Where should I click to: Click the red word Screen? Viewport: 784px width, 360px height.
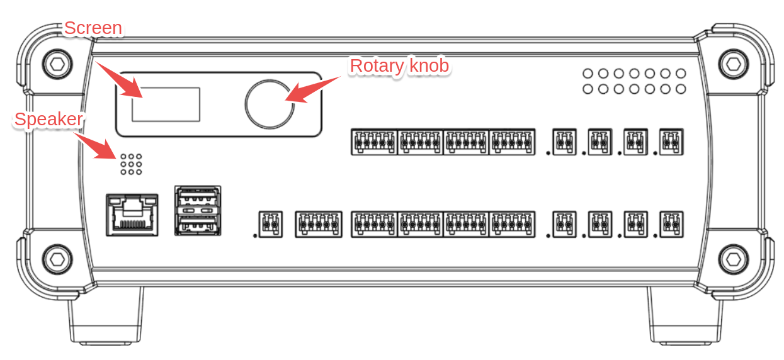point(93,28)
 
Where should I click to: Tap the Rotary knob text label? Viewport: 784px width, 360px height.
point(399,65)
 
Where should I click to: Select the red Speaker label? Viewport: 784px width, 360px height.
point(48,119)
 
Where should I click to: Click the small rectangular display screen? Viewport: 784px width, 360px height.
point(166,104)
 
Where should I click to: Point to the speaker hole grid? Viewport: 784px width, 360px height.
point(130,164)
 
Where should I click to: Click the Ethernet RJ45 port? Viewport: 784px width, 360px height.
point(132,215)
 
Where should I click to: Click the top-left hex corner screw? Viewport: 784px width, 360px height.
point(56,63)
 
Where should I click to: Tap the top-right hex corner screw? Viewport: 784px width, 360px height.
point(732,63)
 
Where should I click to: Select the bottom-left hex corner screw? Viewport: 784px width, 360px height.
point(56,258)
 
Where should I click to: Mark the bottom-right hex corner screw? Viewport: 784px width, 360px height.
point(732,258)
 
